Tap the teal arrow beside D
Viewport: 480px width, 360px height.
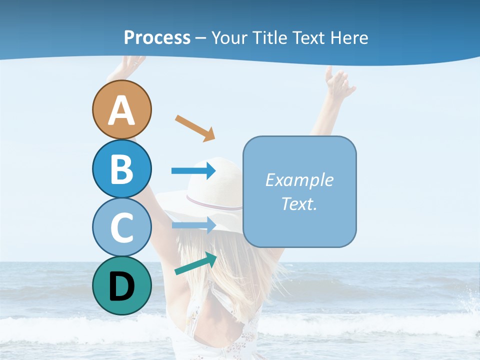195,263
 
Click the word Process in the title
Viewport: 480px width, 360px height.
157,37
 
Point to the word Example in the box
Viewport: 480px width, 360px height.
299,180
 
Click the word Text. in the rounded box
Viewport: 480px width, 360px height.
299,203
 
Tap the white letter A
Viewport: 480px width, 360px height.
121,111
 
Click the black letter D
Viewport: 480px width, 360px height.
121,286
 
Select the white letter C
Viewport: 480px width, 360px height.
121,228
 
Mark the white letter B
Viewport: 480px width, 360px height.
121,169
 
